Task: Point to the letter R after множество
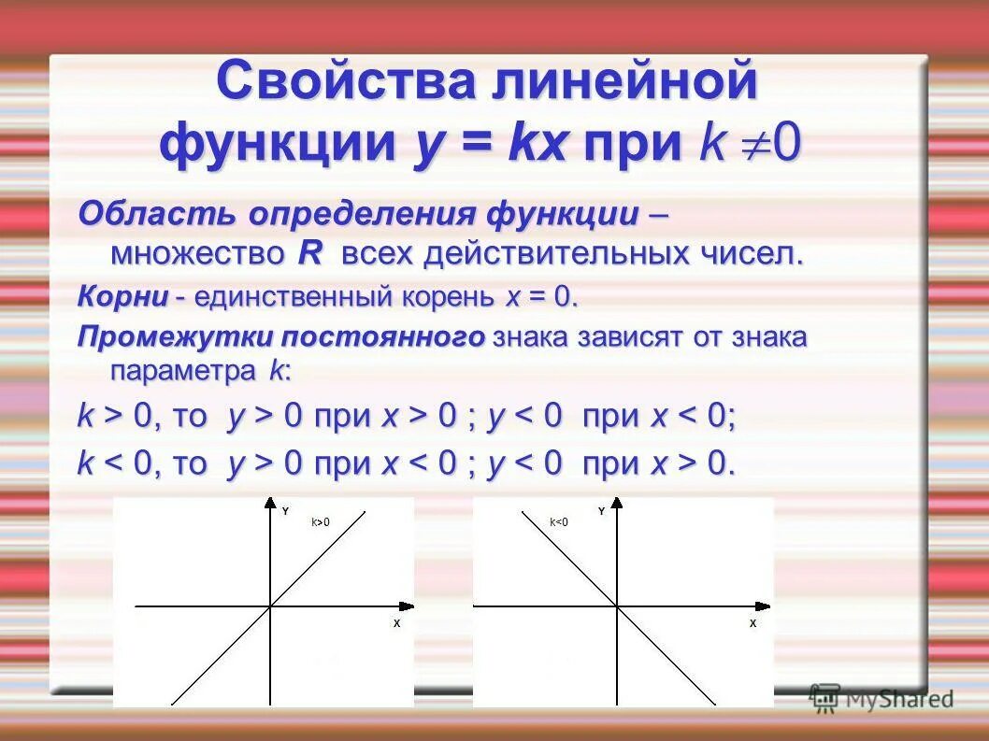click(x=309, y=253)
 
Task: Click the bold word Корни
click(x=122, y=298)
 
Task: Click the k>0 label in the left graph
click(x=321, y=522)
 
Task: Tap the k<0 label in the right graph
click(x=559, y=522)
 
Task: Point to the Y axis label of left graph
click(x=285, y=510)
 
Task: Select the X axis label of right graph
click(x=752, y=622)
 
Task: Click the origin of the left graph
click(x=270, y=607)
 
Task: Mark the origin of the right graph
click(x=617, y=607)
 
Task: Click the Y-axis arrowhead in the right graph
click(x=617, y=504)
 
